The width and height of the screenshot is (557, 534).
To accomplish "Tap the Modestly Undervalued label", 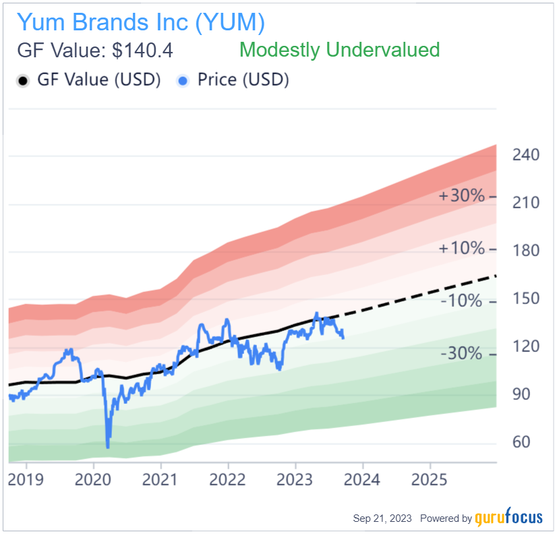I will pyautogui.click(x=339, y=50).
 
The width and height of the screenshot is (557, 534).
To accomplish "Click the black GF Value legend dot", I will pyautogui.click(x=23, y=80).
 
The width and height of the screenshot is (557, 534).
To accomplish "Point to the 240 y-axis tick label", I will pyautogui.click(x=526, y=155).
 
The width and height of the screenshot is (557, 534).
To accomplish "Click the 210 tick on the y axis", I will pyautogui.click(x=526, y=203).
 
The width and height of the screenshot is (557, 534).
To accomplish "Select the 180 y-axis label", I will pyautogui.click(x=526, y=251).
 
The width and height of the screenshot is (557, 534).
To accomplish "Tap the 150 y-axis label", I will pyautogui.click(x=526, y=299).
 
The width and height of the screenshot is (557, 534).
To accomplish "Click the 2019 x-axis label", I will pyautogui.click(x=26, y=479).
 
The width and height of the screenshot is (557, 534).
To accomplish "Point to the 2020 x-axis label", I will pyautogui.click(x=94, y=479).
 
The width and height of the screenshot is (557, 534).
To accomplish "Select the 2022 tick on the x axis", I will pyautogui.click(x=228, y=479).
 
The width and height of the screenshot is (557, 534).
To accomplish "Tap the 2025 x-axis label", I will pyautogui.click(x=430, y=479).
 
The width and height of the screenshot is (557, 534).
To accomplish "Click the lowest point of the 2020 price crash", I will pyautogui.click(x=108, y=446).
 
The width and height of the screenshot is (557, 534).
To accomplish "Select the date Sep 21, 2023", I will pyautogui.click(x=382, y=518).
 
